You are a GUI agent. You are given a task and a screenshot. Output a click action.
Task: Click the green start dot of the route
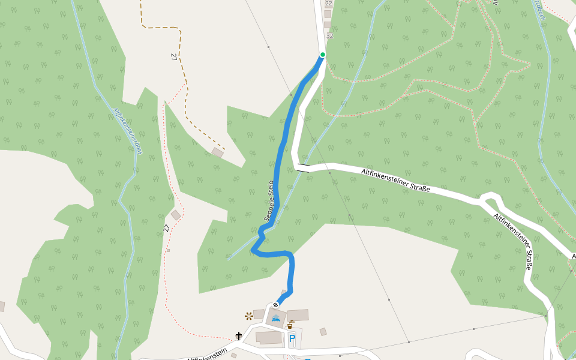tap(322, 55)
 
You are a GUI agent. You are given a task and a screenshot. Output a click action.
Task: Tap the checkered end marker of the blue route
tap(276, 304)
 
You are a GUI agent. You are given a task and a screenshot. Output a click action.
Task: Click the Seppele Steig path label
tap(269, 200)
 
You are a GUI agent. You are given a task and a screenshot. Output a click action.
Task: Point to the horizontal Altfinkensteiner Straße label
tap(395, 180)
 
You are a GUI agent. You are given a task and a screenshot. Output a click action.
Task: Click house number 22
tap(328, 4)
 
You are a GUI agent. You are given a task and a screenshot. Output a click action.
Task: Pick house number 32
tap(329, 35)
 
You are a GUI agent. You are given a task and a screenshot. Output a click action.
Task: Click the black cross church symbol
tap(238, 336)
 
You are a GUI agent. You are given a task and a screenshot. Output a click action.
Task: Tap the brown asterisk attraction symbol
tap(248, 316)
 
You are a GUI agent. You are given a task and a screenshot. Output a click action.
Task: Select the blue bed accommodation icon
tap(275, 319)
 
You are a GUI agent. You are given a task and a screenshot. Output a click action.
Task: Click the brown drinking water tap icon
tap(291, 324)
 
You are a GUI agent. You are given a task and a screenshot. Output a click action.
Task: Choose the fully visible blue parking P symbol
tap(292, 339)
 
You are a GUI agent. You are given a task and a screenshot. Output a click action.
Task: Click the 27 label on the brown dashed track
tap(174, 56)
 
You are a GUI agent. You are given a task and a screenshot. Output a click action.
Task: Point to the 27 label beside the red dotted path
tap(166, 228)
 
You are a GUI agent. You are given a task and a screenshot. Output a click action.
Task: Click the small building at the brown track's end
tap(218, 153)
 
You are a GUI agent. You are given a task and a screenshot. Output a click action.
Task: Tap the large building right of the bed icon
tap(298, 315)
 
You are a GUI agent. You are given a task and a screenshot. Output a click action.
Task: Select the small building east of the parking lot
tap(323, 332)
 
